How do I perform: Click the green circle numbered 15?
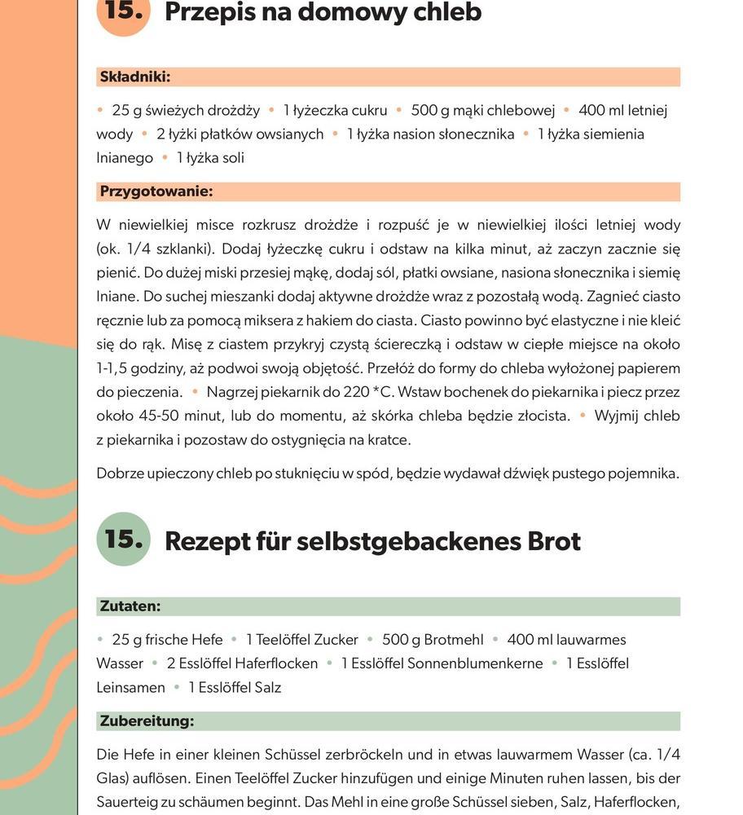[123, 539]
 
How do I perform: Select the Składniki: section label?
[134, 77]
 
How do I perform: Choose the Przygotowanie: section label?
[156, 192]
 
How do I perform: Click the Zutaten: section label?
[130, 606]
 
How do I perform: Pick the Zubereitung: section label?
[147, 721]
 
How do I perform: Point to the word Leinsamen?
[130, 687]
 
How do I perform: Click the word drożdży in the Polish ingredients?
[233, 110]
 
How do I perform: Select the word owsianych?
[290, 134]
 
